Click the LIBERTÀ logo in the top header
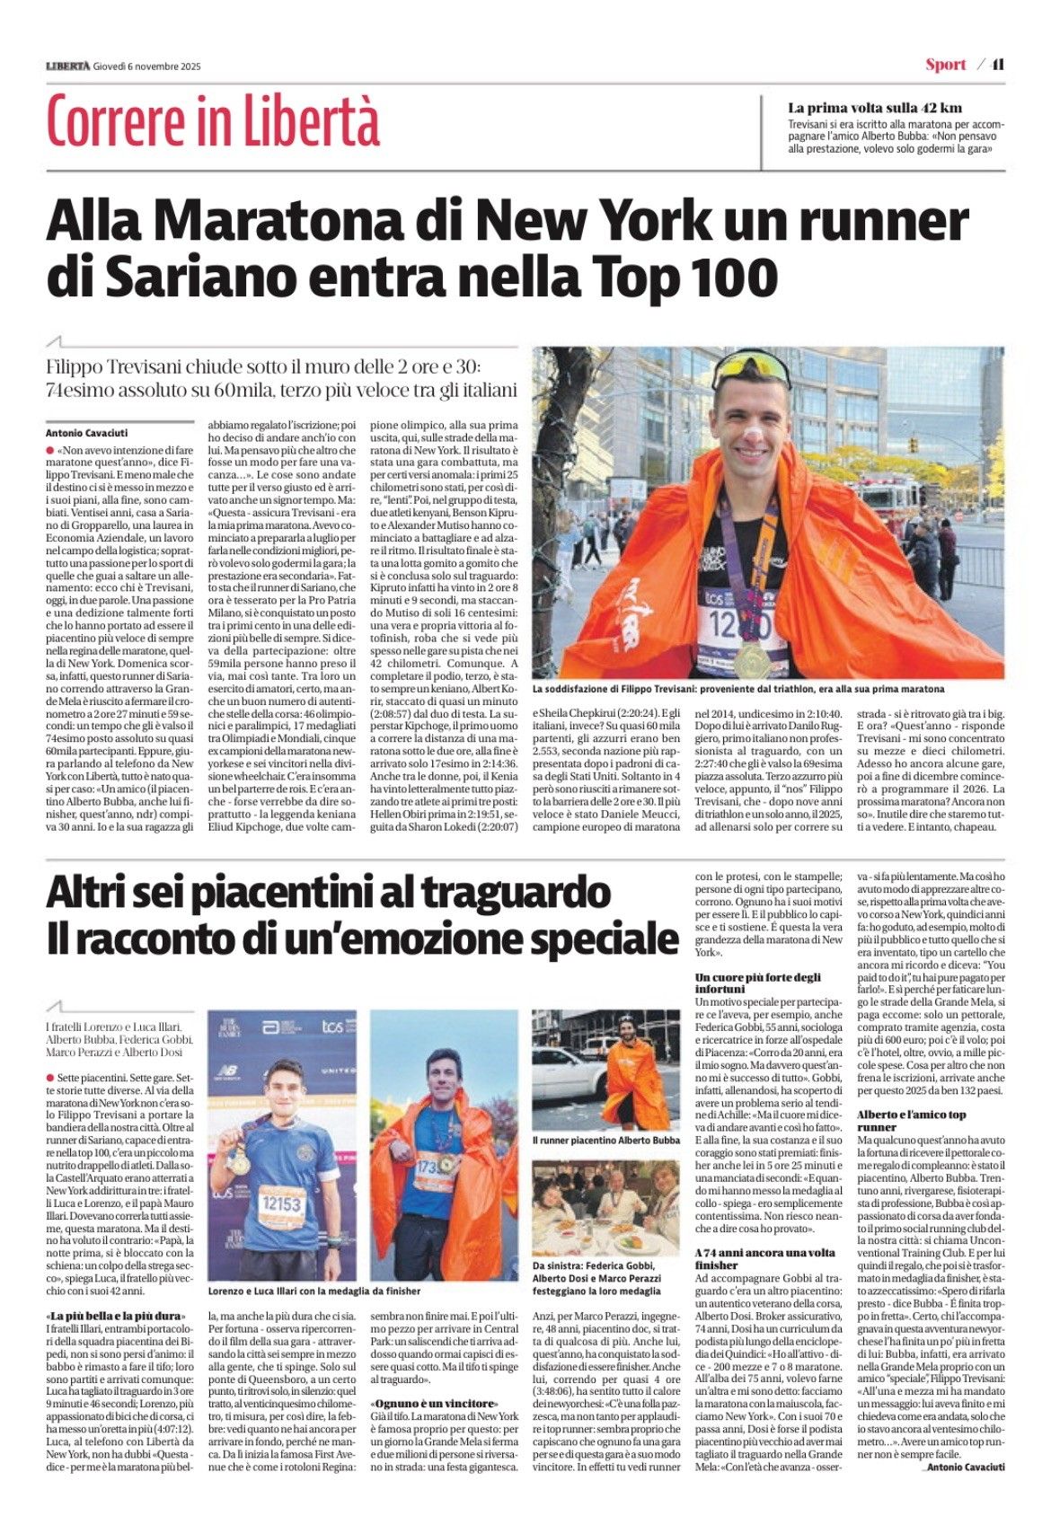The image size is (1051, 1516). tap(68, 66)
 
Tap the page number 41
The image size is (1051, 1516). tap(997, 65)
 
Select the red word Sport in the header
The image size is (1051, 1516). tap(945, 65)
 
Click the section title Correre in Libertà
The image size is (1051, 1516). tap(213, 121)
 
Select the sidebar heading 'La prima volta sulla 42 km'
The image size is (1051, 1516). tap(874, 108)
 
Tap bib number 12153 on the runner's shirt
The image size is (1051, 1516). tap(281, 1203)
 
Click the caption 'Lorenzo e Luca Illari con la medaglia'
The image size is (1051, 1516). tap(314, 1291)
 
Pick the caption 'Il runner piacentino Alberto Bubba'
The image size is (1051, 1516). tap(605, 1140)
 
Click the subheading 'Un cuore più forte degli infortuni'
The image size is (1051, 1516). tap(758, 983)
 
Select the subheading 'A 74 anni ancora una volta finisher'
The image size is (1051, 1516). tap(764, 1258)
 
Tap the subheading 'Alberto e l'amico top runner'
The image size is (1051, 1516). tap(912, 1120)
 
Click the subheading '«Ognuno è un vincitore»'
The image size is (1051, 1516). tap(433, 1428)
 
